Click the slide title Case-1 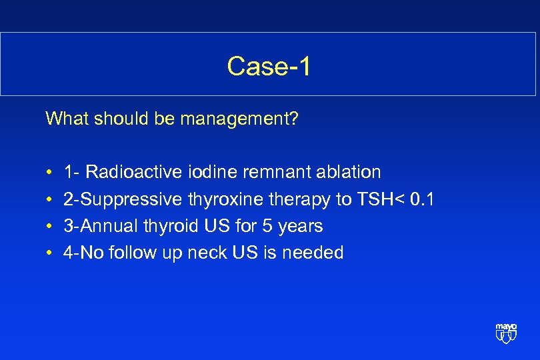pos(269,66)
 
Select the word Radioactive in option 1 pos(133,172)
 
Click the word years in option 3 pos(301,227)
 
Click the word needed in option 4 pos(317,253)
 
